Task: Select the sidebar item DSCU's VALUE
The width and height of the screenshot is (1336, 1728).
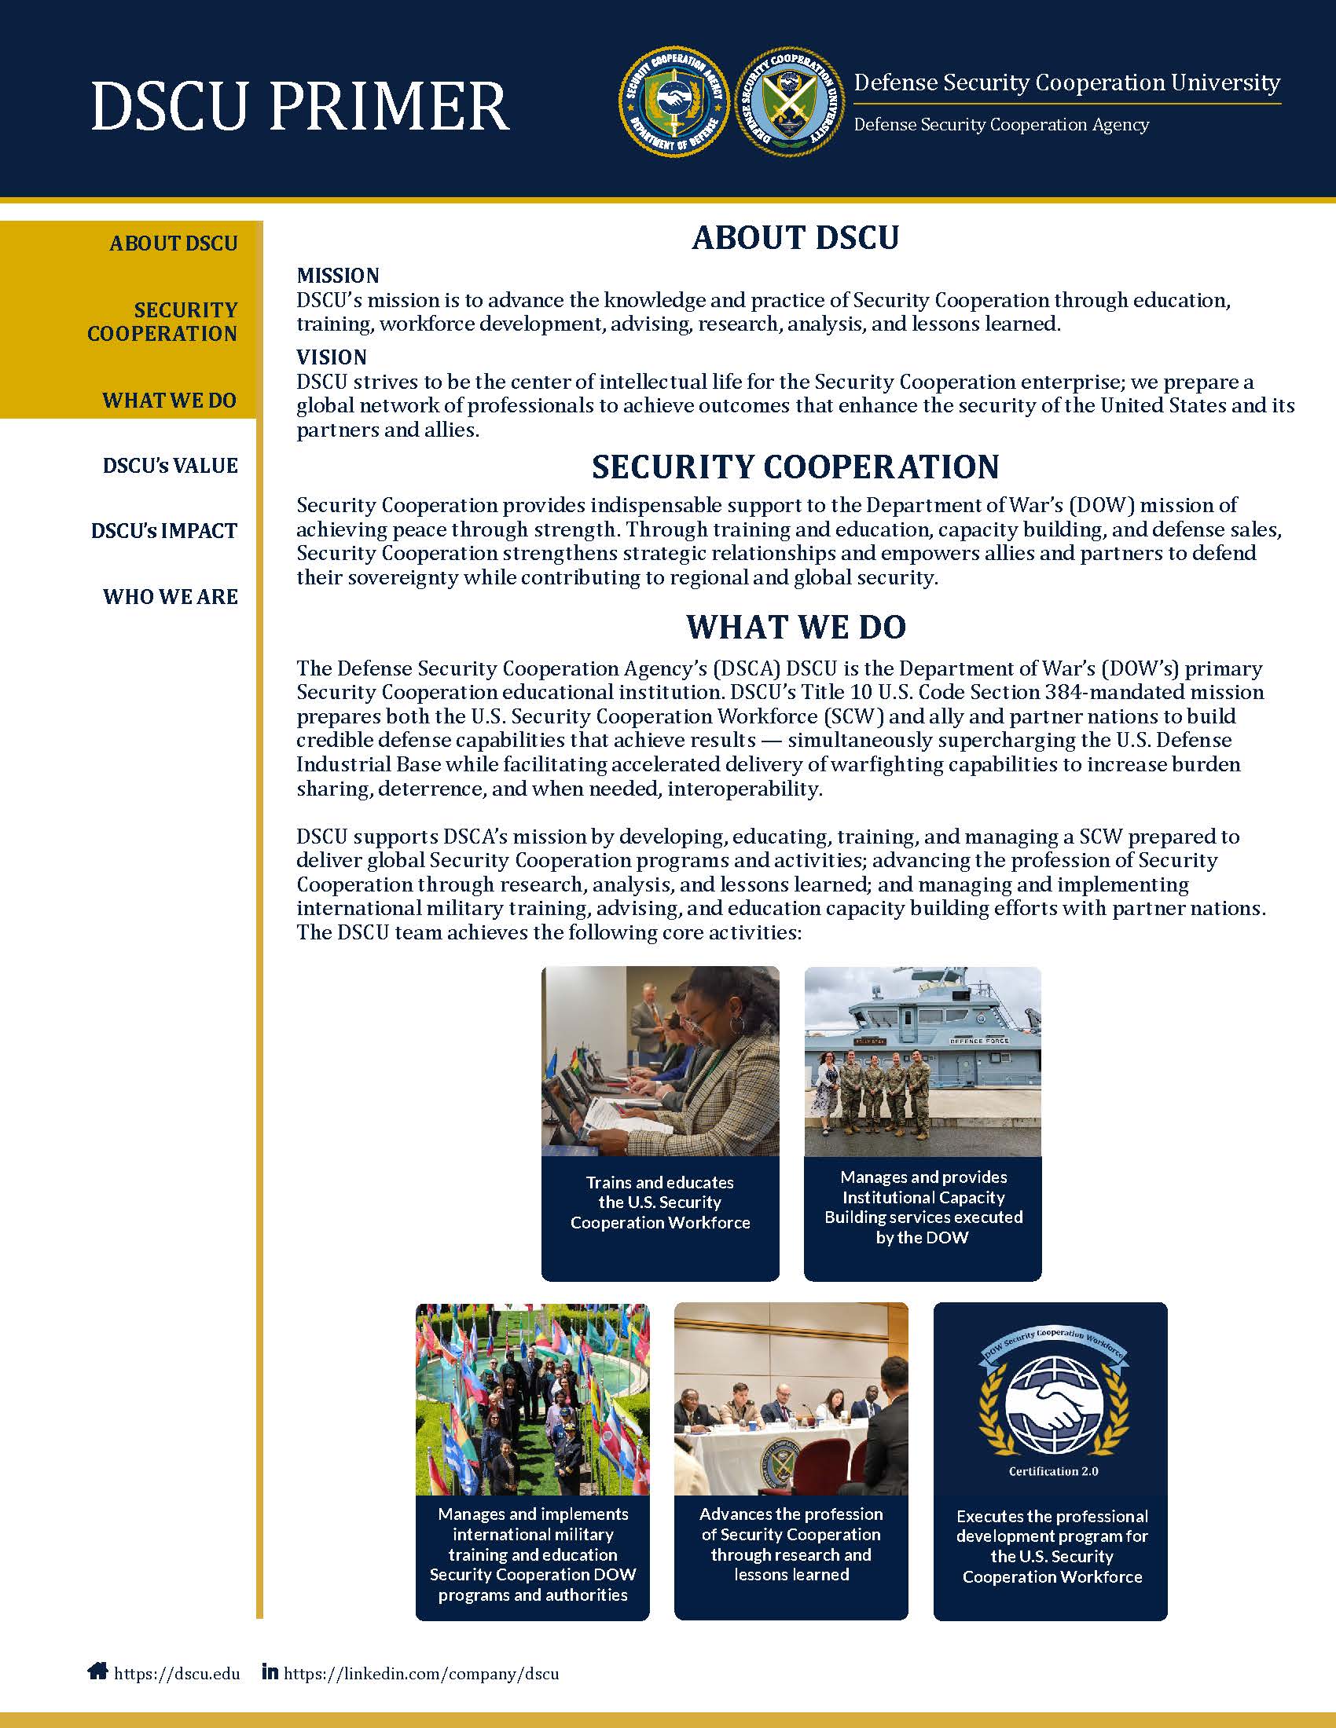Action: click(x=171, y=465)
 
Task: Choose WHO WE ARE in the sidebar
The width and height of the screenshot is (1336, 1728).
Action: click(x=171, y=597)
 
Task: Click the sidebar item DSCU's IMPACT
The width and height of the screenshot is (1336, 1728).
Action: click(x=164, y=531)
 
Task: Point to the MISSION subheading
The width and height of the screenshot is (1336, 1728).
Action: click(x=338, y=276)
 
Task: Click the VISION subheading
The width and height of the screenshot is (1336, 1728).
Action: click(x=332, y=357)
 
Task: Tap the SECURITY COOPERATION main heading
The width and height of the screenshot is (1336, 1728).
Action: click(x=795, y=467)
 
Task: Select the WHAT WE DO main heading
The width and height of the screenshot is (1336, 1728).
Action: click(x=795, y=627)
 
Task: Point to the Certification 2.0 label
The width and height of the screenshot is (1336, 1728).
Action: click(x=1052, y=1471)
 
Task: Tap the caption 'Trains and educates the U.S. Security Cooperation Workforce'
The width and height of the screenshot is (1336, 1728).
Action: click(x=660, y=1202)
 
